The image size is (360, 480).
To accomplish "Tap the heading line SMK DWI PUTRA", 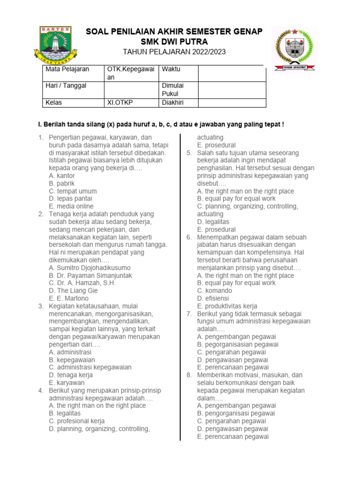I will point(173,42).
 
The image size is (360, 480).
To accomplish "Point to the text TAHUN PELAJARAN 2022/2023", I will point(174,52).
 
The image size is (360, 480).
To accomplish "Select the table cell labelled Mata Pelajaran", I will point(67,69).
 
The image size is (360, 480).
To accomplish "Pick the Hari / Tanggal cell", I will point(66,86).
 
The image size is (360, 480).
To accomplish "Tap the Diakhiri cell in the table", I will point(173,103).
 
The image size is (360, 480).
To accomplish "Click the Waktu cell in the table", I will point(171,69).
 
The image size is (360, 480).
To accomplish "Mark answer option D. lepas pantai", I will point(71,199).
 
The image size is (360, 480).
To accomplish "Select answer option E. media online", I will point(71,206).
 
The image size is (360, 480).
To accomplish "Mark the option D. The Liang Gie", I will point(73,291).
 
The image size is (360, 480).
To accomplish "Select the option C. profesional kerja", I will point(76,421).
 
